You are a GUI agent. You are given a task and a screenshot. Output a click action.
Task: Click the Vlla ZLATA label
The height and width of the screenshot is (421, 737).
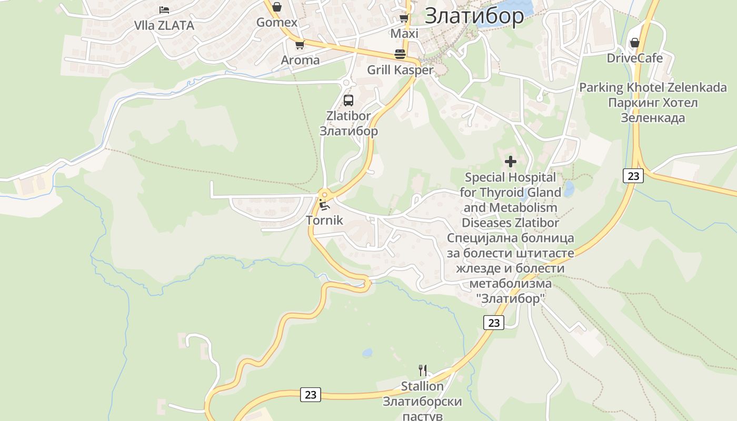click(164, 25)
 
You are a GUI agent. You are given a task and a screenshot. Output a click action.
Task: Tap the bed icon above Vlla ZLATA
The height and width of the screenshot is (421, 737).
click(164, 9)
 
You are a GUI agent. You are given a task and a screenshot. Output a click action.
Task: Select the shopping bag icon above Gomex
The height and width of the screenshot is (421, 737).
click(277, 7)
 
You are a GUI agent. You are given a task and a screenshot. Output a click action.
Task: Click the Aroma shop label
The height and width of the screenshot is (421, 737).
click(300, 60)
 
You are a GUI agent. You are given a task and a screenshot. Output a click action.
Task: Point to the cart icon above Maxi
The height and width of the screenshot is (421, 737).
click(404, 18)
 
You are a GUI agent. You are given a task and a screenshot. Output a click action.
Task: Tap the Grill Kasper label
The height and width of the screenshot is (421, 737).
click(400, 70)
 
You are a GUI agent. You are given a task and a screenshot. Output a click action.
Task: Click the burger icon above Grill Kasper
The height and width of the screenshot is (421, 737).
click(400, 54)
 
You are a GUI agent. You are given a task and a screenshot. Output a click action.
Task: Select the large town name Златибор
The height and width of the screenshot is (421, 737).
click(474, 16)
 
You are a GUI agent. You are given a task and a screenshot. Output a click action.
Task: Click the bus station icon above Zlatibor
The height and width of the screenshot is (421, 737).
click(348, 101)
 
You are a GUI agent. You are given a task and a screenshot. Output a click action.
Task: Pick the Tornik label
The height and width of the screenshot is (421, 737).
click(324, 220)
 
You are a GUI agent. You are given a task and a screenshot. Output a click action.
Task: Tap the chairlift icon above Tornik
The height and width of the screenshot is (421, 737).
click(324, 205)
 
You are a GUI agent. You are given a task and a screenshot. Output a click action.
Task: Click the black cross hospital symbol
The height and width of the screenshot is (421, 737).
click(510, 162)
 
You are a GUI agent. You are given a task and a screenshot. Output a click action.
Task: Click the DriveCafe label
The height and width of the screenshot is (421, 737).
click(634, 58)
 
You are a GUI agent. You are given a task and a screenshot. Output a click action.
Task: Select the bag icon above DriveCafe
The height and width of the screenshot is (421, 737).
click(635, 43)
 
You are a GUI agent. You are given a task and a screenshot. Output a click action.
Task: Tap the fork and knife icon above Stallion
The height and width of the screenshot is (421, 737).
click(422, 370)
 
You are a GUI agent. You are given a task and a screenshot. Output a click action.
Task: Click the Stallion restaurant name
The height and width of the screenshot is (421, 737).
click(422, 386)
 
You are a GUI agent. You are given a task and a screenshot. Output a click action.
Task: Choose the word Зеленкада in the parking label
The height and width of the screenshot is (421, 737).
click(653, 117)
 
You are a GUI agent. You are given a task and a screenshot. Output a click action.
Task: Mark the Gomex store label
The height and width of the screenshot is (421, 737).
click(277, 23)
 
